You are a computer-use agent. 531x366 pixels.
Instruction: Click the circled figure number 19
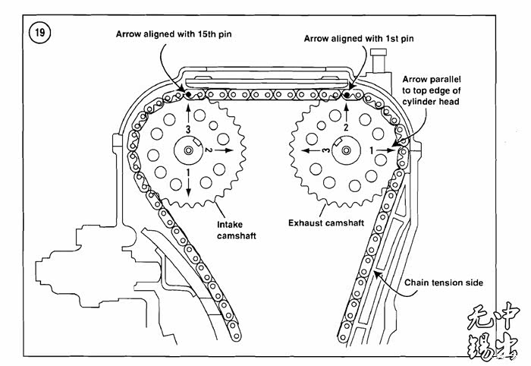point(40,33)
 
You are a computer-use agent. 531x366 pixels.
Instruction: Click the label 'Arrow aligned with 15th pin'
point(174,34)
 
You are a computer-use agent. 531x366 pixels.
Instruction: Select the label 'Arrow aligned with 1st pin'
point(359,39)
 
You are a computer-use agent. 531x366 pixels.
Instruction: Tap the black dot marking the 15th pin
point(188,94)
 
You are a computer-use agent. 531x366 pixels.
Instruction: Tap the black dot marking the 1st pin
point(347,95)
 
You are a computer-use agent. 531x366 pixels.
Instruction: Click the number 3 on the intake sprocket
point(189,129)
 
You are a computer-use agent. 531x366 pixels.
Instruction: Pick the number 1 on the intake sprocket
point(188,173)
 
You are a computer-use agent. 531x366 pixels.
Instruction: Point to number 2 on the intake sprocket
point(209,150)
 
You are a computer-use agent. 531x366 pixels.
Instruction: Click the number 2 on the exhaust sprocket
point(346,128)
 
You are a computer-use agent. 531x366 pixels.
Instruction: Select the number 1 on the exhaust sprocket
point(372,150)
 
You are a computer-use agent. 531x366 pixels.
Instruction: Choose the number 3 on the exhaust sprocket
point(325,150)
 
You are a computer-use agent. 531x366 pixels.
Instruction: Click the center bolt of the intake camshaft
point(188,150)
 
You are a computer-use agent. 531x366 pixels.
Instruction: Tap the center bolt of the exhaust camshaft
point(346,150)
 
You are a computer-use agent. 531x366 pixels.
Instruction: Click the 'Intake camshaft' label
point(237,230)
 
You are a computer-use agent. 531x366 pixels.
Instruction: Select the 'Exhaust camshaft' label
point(326,223)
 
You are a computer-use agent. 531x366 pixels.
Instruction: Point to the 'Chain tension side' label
point(444,282)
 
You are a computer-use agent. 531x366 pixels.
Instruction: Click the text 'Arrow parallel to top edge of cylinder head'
point(432,90)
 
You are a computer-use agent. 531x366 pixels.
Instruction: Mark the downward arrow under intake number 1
point(188,187)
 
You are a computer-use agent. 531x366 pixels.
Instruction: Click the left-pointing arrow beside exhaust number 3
point(310,150)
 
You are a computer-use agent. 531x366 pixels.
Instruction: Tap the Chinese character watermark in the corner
point(493,332)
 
